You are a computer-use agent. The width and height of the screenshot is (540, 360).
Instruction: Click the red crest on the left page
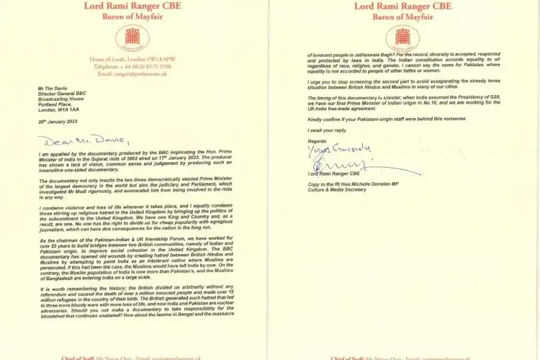point(131,37)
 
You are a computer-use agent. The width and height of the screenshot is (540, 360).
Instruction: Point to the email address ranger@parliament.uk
point(131,73)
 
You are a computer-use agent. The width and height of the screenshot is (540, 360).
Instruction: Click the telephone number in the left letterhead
point(131,66)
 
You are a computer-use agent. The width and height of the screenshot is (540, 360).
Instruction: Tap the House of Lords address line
point(131,58)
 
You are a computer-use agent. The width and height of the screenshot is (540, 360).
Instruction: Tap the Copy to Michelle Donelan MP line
point(367,182)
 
